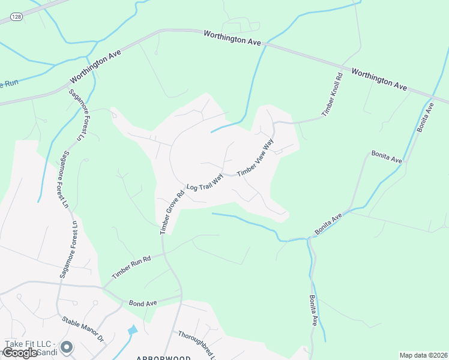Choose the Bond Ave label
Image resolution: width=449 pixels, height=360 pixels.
pyautogui.click(x=143, y=304)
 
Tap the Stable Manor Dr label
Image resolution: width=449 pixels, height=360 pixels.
pyautogui.click(x=83, y=329)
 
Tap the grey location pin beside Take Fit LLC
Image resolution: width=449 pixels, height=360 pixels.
pyautogui.click(x=67, y=347)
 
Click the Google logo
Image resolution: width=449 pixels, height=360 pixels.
pyautogui.click(x=20, y=353)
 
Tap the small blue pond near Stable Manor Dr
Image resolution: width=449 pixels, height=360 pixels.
pyautogui.click(x=133, y=330)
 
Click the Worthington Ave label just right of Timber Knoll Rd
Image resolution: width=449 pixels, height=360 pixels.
pyautogui.click(x=379, y=79)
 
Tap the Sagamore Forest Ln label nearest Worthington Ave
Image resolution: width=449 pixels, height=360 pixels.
pyautogui.click(x=76, y=115)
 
